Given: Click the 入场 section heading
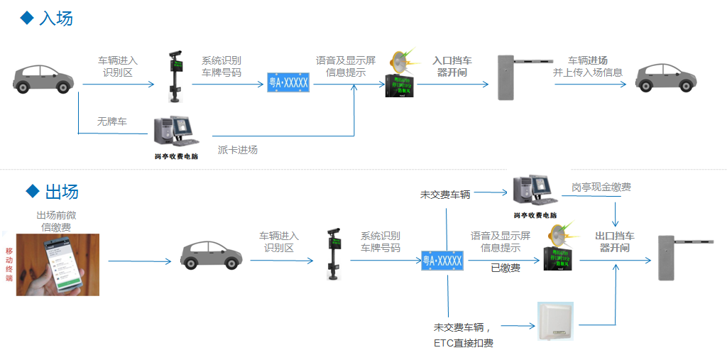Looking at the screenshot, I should [x=55, y=18].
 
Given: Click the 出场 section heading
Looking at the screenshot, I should [x=61, y=191].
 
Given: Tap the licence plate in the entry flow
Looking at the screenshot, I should [x=288, y=83].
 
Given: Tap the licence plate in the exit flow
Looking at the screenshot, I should [x=442, y=261].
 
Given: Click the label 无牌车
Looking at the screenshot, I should [x=111, y=122].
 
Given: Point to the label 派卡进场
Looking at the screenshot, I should [x=237, y=150].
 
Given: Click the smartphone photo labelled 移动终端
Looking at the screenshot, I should [x=58, y=264].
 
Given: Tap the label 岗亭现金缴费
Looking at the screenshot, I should [x=601, y=187].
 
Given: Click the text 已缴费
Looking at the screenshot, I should [x=505, y=268].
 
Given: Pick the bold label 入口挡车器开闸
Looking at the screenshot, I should [x=452, y=66].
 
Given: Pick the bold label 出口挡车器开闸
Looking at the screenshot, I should [x=615, y=242].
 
